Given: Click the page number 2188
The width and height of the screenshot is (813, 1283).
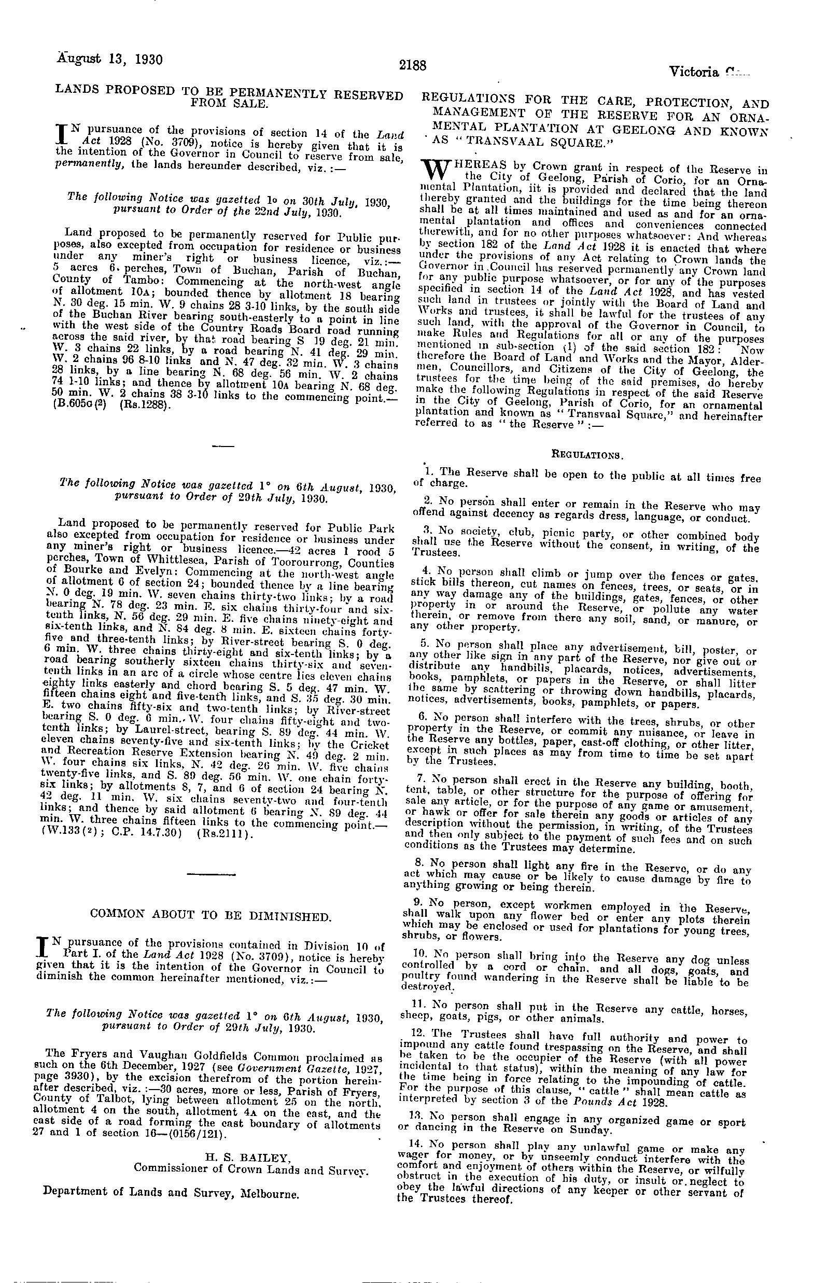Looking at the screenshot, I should click(x=413, y=65).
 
